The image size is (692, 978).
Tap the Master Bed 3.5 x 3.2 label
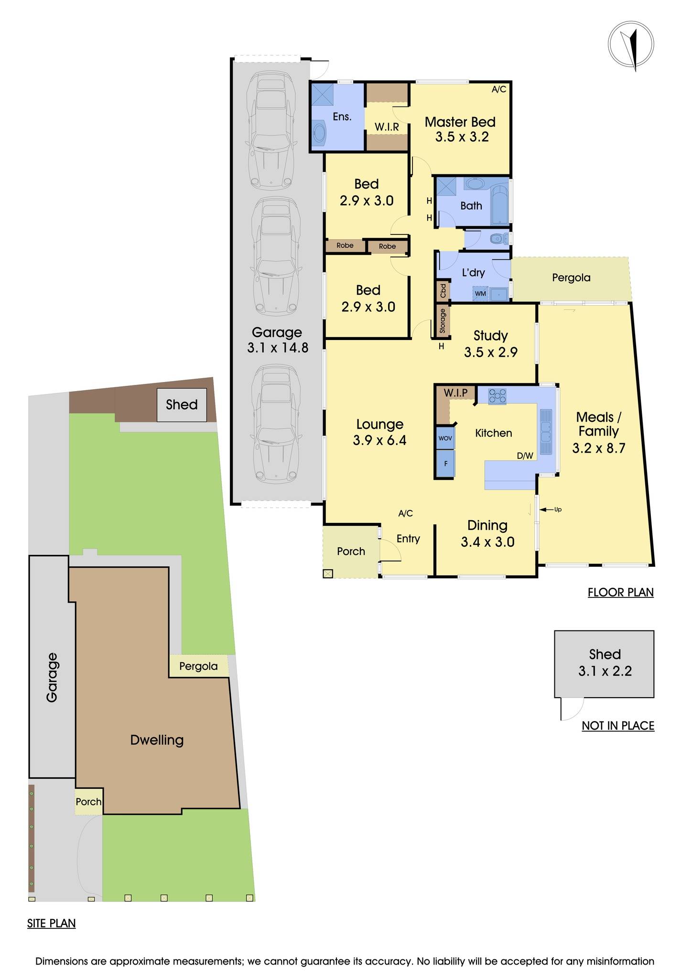(x=460, y=129)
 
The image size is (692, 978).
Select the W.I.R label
(x=387, y=128)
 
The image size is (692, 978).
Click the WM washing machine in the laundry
(x=481, y=294)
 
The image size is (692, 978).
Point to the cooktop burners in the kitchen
(x=497, y=395)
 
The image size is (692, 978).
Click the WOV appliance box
(x=445, y=438)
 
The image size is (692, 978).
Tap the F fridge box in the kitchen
(x=445, y=463)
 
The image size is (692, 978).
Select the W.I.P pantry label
(x=455, y=393)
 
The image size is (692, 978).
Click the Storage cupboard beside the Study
(x=443, y=321)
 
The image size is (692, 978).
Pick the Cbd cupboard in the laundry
(x=443, y=290)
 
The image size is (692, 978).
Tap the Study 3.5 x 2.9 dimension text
(x=491, y=352)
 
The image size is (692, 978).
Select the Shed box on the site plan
(x=182, y=405)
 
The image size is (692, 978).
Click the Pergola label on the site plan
(x=198, y=666)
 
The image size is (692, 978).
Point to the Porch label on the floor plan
(x=351, y=551)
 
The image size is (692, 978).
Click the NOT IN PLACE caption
(x=617, y=726)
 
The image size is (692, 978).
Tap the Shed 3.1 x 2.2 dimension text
(x=605, y=671)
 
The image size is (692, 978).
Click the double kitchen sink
(x=545, y=431)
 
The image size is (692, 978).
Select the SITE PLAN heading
(x=51, y=924)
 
